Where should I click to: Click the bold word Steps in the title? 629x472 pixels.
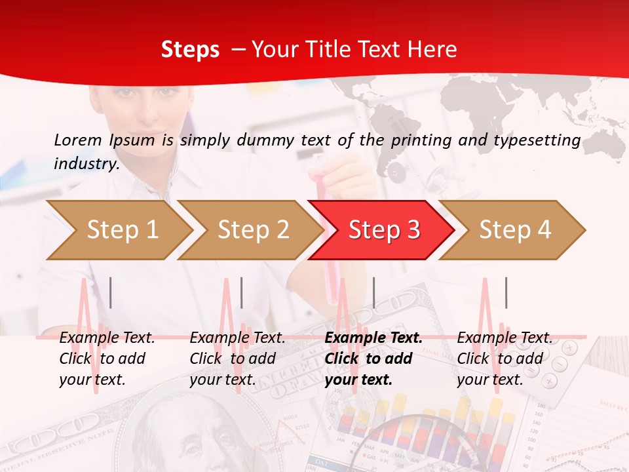coord(190,50)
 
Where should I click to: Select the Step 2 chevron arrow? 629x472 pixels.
coord(253,229)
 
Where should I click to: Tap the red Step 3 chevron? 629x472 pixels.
coord(384,229)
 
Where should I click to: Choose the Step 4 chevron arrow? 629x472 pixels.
coord(515,229)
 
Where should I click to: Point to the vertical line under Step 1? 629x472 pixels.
coord(111,292)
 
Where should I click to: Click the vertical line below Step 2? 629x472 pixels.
coord(242,292)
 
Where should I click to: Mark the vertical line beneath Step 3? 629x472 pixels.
coord(374,292)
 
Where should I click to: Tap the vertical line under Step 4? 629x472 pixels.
coord(506,292)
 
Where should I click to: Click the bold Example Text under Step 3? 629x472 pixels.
coord(373,338)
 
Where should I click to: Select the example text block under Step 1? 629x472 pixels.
coord(107,359)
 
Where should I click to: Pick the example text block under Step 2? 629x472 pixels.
coord(237,359)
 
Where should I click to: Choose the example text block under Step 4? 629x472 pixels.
coord(504,359)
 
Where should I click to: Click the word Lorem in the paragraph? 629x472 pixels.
coord(78,140)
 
